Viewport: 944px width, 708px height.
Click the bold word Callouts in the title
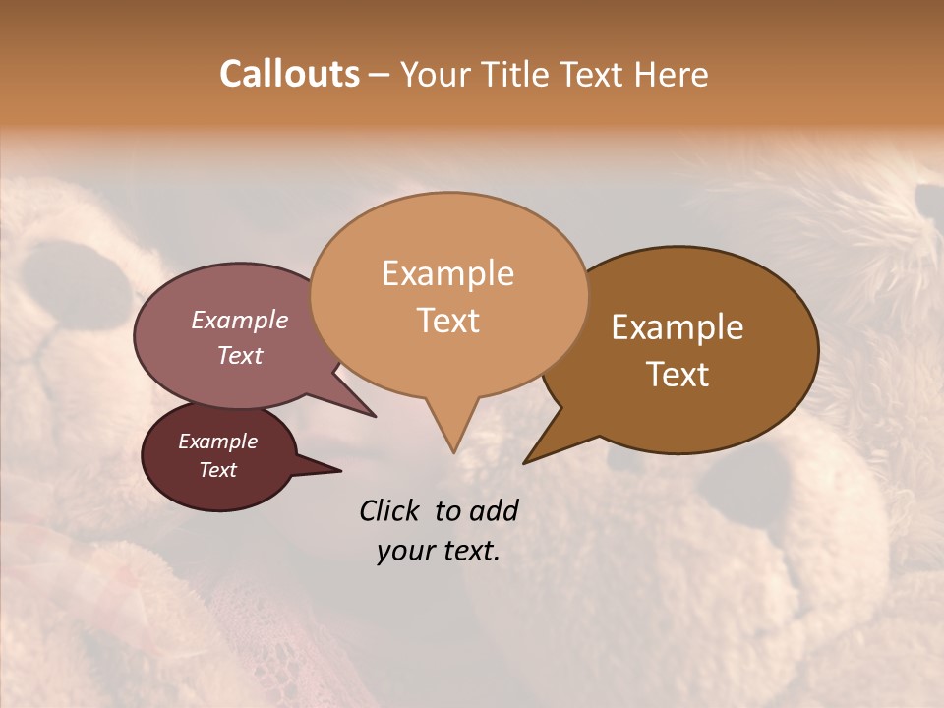tap(289, 75)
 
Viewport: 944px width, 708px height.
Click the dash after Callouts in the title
tap(380, 75)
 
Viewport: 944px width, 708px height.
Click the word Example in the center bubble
tap(447, 273)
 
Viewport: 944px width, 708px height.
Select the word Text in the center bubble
tap(447, 321)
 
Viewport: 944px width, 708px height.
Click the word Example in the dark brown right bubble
tap(678, 327)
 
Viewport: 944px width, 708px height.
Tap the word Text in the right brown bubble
tap(678, 375)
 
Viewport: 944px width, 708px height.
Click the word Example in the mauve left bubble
tap(239, 321)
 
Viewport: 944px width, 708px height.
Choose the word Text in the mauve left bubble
tap(239, 355)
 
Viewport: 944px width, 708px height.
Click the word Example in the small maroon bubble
tap(217, 442)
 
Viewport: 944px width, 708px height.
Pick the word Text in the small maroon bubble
tap(217, 470)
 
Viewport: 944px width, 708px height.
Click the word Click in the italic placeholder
tap(391, 510)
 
